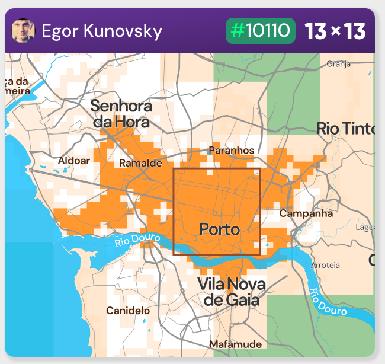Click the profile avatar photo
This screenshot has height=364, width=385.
pos(23,31)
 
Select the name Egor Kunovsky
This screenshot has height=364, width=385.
pos(102,31)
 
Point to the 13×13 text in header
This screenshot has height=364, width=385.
pos(335,31)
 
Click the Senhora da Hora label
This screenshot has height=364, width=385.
pos(121,114)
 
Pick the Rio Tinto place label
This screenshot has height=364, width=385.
pos(346,128)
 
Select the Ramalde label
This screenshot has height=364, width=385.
pos(140,163)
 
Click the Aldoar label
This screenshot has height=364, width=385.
pos(74,161)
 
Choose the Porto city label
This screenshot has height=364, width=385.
pos(219,229)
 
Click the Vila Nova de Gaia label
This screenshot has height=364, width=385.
pos(231,292)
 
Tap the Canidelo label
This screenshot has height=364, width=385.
pos(128,311)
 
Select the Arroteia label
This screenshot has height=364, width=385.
pos(326,265)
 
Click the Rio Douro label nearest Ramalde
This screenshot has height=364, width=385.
pos(137,240)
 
